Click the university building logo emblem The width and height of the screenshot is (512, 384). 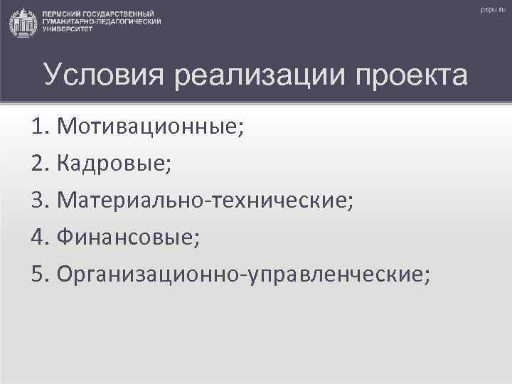[x=23, y=22]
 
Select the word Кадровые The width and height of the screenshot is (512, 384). [x=114, y=164]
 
